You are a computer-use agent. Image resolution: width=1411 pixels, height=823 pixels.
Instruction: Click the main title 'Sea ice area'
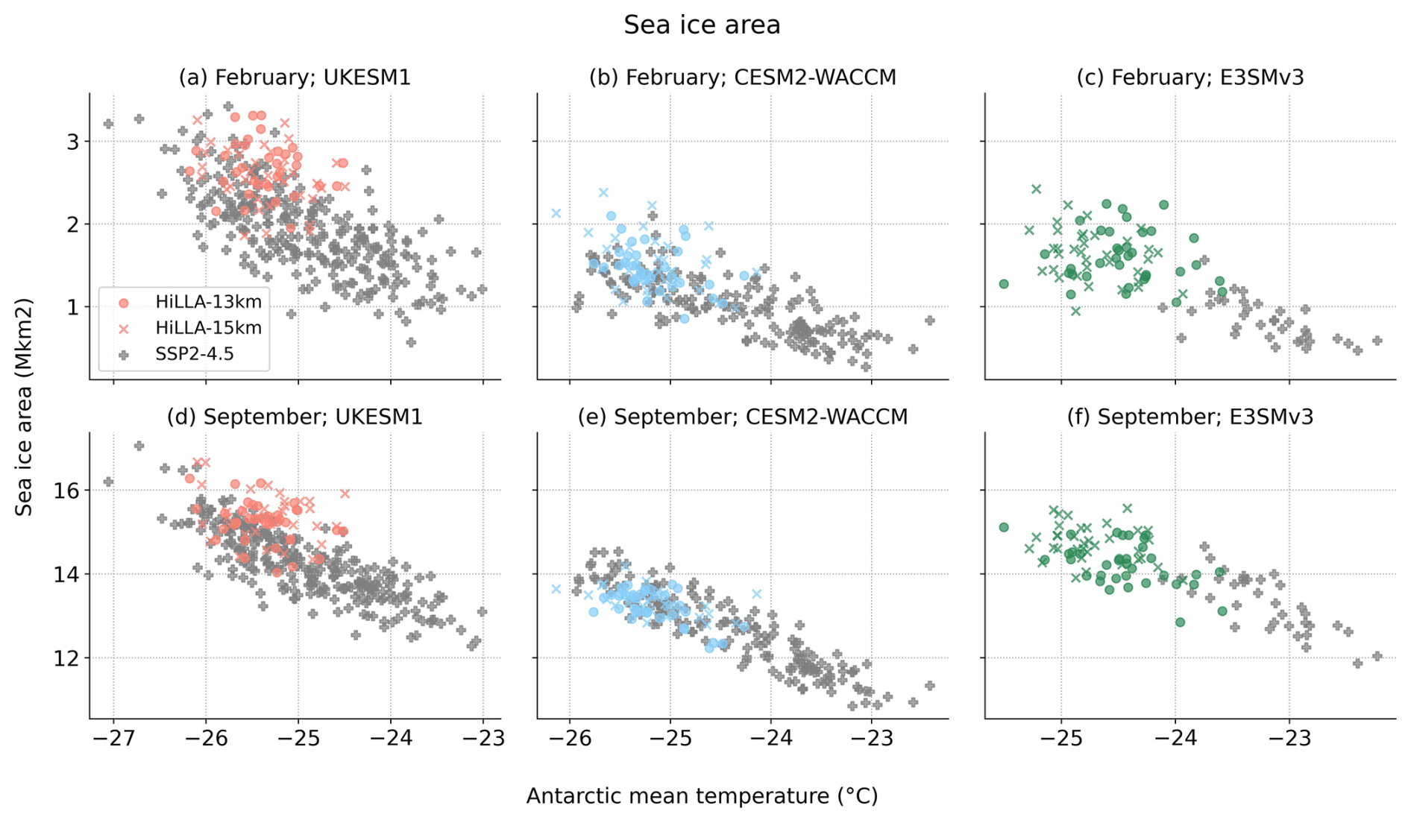click(x=702, y=25)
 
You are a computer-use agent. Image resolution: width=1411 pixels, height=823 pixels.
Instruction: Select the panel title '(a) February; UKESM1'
click(x=295, y=78)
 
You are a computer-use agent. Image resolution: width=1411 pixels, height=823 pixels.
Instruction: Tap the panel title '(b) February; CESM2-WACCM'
click(x=742, y=78)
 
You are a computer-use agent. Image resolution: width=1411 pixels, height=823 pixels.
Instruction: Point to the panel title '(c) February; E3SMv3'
click(x=1190, y=78)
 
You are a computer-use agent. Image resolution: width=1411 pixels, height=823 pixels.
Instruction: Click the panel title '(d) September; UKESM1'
click(x=295, y=417)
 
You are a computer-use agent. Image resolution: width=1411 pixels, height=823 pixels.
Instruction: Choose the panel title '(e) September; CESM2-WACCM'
click(x=742, y=417)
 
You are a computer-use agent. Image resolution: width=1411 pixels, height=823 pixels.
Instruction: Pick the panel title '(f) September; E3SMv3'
click(x=1190, y=417)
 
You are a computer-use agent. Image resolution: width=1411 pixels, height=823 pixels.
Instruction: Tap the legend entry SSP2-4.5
click(x=194, y=354)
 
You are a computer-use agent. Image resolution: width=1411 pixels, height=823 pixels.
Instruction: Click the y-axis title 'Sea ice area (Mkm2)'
click(x=25, y=406)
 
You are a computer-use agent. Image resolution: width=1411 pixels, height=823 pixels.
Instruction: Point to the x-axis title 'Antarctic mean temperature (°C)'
click(x=702, y=796)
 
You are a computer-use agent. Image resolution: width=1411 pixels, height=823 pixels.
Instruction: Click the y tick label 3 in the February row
click(x=72, y=142)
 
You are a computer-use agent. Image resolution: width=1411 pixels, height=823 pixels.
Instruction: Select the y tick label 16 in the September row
click(x=67, y=491)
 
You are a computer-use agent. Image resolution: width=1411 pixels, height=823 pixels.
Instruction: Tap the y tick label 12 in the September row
click(x=67, y=658)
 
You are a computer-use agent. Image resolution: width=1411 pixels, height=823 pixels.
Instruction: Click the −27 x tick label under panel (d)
click(x=113, y=739)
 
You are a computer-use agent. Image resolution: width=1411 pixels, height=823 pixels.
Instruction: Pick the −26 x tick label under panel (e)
click(x=570, y=739)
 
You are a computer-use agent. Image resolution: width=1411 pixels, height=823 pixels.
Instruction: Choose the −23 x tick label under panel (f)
click(x=1289, y=739)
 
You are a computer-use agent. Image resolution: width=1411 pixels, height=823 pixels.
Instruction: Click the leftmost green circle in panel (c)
click(x=1004, y=284)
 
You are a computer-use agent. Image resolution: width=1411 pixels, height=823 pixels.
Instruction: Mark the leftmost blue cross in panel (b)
click(x=556, y=214)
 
